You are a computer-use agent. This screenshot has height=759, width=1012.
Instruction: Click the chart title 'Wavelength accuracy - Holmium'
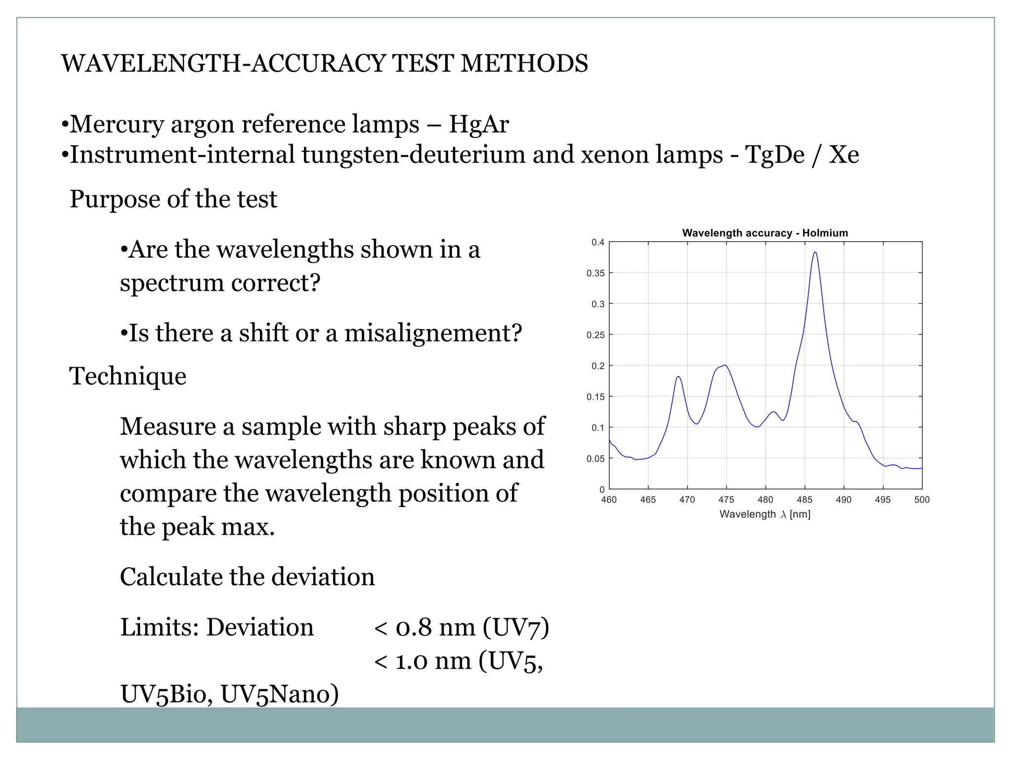(765, 233)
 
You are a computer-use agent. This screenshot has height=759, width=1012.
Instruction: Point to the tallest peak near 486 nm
(815, 253)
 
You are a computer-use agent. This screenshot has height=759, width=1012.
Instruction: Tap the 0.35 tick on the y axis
(595, 273)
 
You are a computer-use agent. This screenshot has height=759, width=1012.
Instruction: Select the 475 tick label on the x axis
(726, 500)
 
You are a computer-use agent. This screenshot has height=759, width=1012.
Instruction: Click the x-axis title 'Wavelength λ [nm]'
(765, 514)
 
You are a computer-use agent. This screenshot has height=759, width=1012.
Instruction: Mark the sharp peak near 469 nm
(678, 377)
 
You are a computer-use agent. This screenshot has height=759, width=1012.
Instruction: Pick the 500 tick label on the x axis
(922, 500)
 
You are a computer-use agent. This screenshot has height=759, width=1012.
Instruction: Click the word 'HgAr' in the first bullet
(478, 124)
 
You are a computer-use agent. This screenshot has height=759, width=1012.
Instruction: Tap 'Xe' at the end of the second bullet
(844, 155)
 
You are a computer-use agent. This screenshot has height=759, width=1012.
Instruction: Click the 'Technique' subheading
(127, 376)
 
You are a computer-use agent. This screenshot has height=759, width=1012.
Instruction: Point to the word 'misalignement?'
(433, 333)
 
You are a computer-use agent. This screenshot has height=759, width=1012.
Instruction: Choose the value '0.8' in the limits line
(414, 628)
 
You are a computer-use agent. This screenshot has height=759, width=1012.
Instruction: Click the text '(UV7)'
(516, 628)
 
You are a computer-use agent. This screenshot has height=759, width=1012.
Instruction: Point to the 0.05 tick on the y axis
(595, 459)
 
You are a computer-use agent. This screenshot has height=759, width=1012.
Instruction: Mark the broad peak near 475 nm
(724, 366)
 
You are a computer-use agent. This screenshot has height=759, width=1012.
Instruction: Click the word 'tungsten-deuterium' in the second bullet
(414, 155)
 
